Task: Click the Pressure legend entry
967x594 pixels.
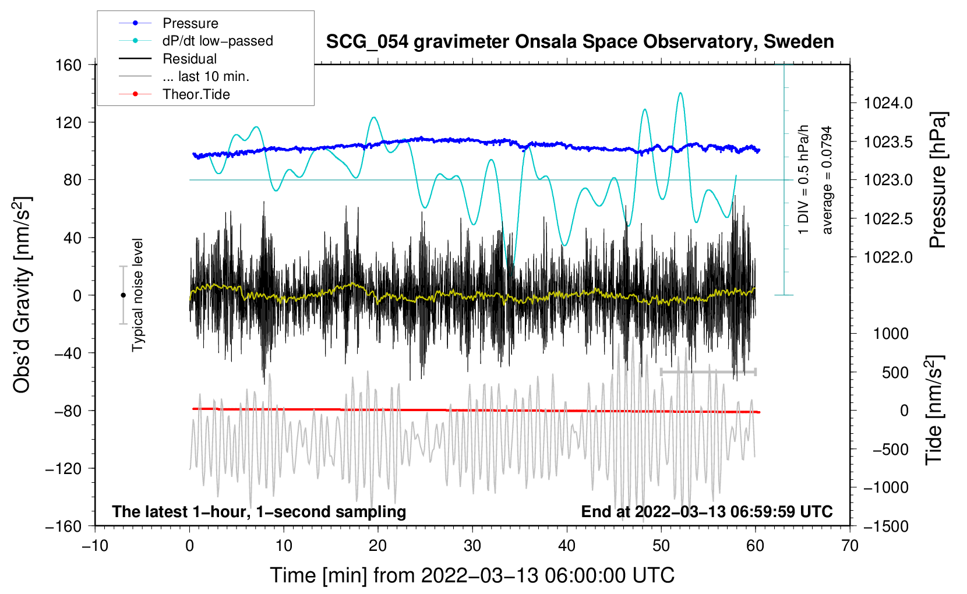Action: click(x=190, y=23)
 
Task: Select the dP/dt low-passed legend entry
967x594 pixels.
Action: click(x=217, y=41)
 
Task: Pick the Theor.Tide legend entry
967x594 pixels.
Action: click(x=196, y=94)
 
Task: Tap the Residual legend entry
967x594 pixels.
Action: click(x=189, y=59)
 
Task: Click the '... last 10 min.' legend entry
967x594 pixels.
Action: click(x=206, y=76)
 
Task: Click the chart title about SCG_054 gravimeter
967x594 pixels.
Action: click(x=580, y=42)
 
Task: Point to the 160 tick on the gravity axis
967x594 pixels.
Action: click(x=68, y=65)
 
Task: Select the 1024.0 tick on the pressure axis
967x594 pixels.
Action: click(x=888, y=103)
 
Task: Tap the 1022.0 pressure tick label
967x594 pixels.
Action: click(x=888, y=257)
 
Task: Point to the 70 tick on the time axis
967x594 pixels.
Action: click(x=849, y=546)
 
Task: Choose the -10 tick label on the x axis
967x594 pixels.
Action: click(x=95, y=546)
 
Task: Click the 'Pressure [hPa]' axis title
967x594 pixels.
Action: click(x=938, y=181)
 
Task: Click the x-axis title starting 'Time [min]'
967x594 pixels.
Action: click(x=472, y=575)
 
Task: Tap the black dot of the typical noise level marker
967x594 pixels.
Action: click(x=123, y=295)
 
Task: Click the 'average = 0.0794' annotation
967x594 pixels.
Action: click(x=827, y=181)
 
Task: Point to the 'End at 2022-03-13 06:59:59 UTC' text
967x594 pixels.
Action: click(x=707, y=511)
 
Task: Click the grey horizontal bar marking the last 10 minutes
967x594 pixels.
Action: click(x=708, y=372)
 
